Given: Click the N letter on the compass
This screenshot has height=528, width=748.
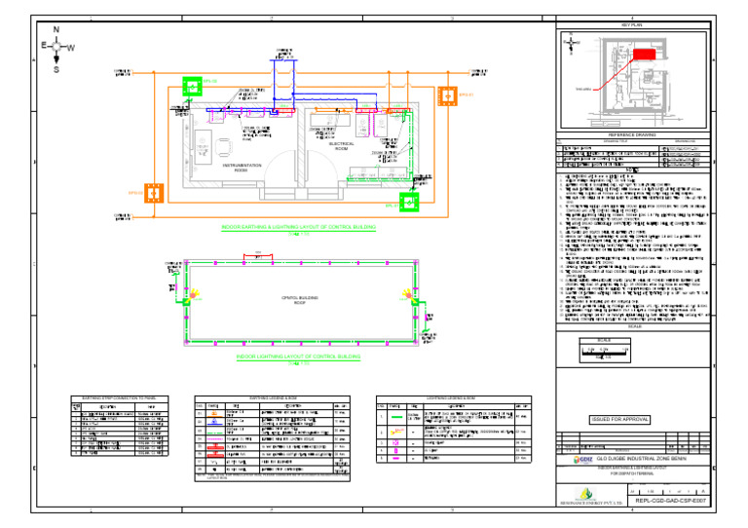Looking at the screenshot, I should [x=56, y=28].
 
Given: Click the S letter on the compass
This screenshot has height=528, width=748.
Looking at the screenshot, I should [x=56, y=69].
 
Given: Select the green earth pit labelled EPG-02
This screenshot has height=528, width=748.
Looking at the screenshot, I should [x=194, y=85].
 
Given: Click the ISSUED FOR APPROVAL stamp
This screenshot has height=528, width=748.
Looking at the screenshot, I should [x=619, y=421].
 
